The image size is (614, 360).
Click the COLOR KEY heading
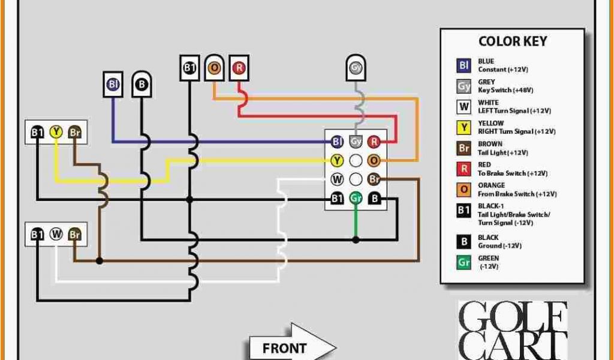512,41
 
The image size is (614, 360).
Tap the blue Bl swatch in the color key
464,65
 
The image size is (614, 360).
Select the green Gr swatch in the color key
464,262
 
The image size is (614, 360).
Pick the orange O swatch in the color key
464,190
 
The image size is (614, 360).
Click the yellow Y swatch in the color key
464,127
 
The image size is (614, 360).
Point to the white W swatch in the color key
464,107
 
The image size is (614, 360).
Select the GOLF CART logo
512,330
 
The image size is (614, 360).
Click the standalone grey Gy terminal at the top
356,68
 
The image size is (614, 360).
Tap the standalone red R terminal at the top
239,68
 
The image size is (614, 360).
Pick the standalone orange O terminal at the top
214,68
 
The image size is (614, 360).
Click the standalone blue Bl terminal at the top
113,85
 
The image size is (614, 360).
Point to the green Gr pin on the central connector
356,198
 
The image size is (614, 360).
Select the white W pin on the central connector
337,179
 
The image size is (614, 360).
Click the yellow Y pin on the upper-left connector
56,132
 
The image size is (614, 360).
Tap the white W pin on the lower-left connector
56,235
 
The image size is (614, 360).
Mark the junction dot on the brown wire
100,260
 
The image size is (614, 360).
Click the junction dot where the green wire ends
356,239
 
